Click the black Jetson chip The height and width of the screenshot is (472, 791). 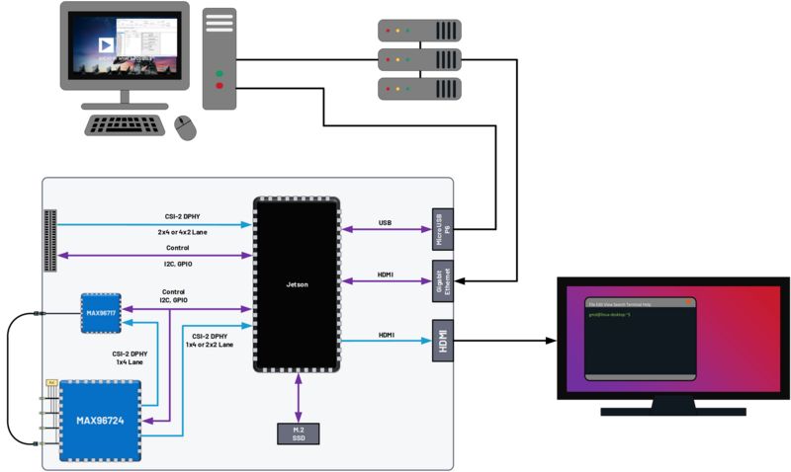pos(297,284)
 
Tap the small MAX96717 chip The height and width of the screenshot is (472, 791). pos(100,313)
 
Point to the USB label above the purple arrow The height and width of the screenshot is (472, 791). pos(386,223)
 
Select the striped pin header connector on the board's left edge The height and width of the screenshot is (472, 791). pos(49,240)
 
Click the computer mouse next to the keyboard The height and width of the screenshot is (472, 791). pos(184,125)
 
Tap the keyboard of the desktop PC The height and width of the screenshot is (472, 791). pos(126,124)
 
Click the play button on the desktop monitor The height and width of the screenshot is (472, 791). pos(105,45)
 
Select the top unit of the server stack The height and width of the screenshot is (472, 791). pos(419,31)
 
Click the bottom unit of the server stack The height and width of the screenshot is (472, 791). pos(419,89)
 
